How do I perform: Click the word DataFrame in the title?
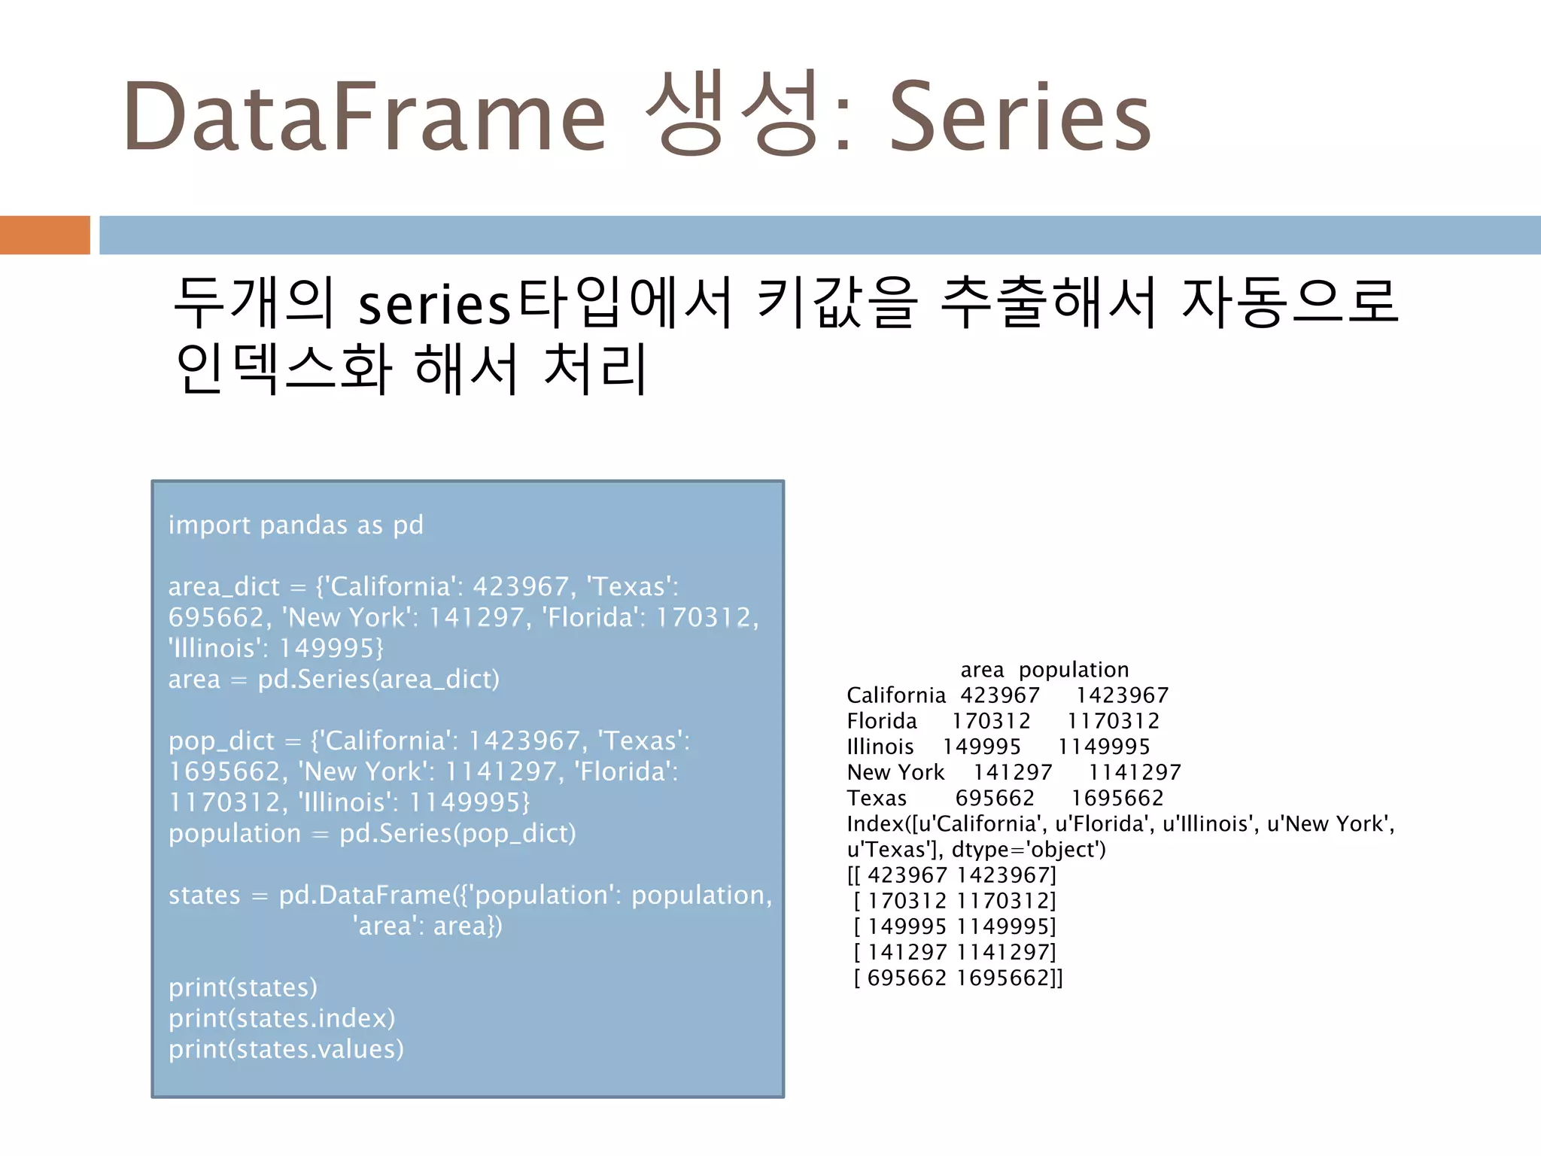tap(365, 117)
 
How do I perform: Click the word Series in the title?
tap(1020, 117)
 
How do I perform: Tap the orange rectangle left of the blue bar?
tap(44, 235)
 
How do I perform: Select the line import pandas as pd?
tap(296, 525)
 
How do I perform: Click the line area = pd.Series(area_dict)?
tap(333, 679)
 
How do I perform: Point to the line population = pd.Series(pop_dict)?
tap(372, 833)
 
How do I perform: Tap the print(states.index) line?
tap(281, 1018)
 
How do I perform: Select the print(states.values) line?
tap(286, 1049)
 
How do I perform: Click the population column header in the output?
tap(1074, 670)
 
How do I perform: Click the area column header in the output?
tap(982, 670)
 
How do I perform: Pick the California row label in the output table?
tap(895, 695)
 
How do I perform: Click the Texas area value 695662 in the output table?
tap(995, 798)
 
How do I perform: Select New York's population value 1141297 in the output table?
tap(1135, 772)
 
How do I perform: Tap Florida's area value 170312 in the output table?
tap(991, 721)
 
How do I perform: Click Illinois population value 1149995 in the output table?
tap(1104, 747)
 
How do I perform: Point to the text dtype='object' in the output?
tap(1028, 850)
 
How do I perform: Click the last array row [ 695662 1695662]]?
tap(958, 978)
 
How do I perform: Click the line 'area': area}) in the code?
tap(427, 926)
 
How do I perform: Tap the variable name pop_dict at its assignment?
tap(221, 741)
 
